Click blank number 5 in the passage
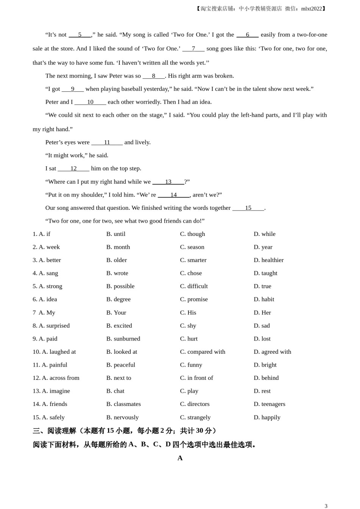pyautogui.click(x=80, y=35)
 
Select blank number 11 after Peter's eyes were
pyautogui.click(x=107, y=142)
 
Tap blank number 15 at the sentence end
pyautogui.click(x=248, y=208)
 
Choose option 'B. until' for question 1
pyautogui.click(x=116, y=234)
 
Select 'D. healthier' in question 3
pyautogui.click(x=268, y=260)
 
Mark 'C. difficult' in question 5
pyautogui.click(x=194, y=286)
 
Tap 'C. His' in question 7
pyautogui.click(x=188, y=313)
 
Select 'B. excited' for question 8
pyautogui.click(x=119, y=326)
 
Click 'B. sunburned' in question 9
pyautogui.click(x=123, y=339)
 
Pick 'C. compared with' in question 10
pyautogui.click(x=202, y=352)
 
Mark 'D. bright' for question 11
pyautogui.click(x=265, y=365)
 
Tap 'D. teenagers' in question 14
pyautogui.click(x=269, y=404)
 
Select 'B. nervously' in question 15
pyautogui.click(x=122, y=417)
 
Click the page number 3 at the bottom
pyautogui.click(x=326, y=506)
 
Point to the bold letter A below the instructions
pyautogui.click(x=180, y=458)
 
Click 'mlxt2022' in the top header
pyautogui.click(x=311, y=9)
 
